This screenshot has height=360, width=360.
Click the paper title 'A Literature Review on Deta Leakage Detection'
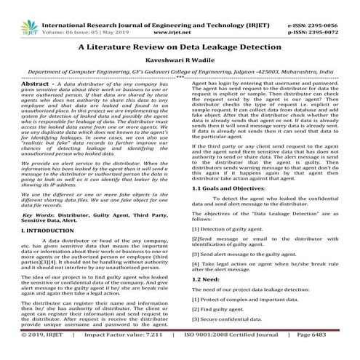point(180,45)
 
